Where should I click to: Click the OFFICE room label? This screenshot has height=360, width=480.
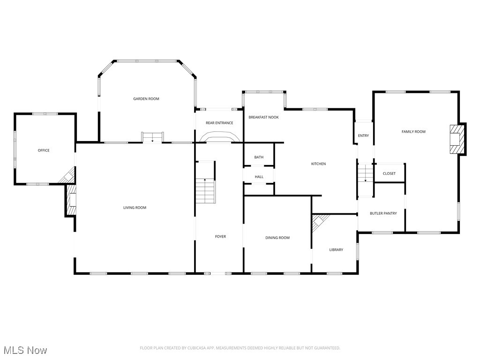[44, 150]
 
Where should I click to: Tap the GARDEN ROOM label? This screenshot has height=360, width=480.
[146, 99]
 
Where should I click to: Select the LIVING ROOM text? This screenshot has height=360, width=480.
[135, 208]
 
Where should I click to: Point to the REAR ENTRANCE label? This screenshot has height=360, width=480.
[219, 123]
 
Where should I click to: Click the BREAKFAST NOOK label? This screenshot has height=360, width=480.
[263, 117]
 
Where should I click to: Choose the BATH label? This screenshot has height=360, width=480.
[259, 157]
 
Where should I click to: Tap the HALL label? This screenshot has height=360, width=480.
[259, 177]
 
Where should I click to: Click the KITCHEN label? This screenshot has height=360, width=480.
[318, 164]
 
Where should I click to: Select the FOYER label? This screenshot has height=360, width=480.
[220, 237]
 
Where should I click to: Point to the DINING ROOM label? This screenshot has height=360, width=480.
[277, 238]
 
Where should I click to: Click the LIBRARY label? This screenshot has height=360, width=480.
[336, 250]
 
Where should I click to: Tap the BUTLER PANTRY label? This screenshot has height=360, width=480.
[383, 213]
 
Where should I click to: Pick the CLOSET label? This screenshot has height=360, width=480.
[389, 173]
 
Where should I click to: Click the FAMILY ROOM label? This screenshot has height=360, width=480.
[413, 132]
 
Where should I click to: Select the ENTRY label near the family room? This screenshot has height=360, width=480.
[363, 136]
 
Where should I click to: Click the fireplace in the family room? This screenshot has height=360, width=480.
[457, 139]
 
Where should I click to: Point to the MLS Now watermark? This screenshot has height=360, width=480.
[25, 350]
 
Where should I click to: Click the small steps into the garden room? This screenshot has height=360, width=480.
[152, 137]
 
